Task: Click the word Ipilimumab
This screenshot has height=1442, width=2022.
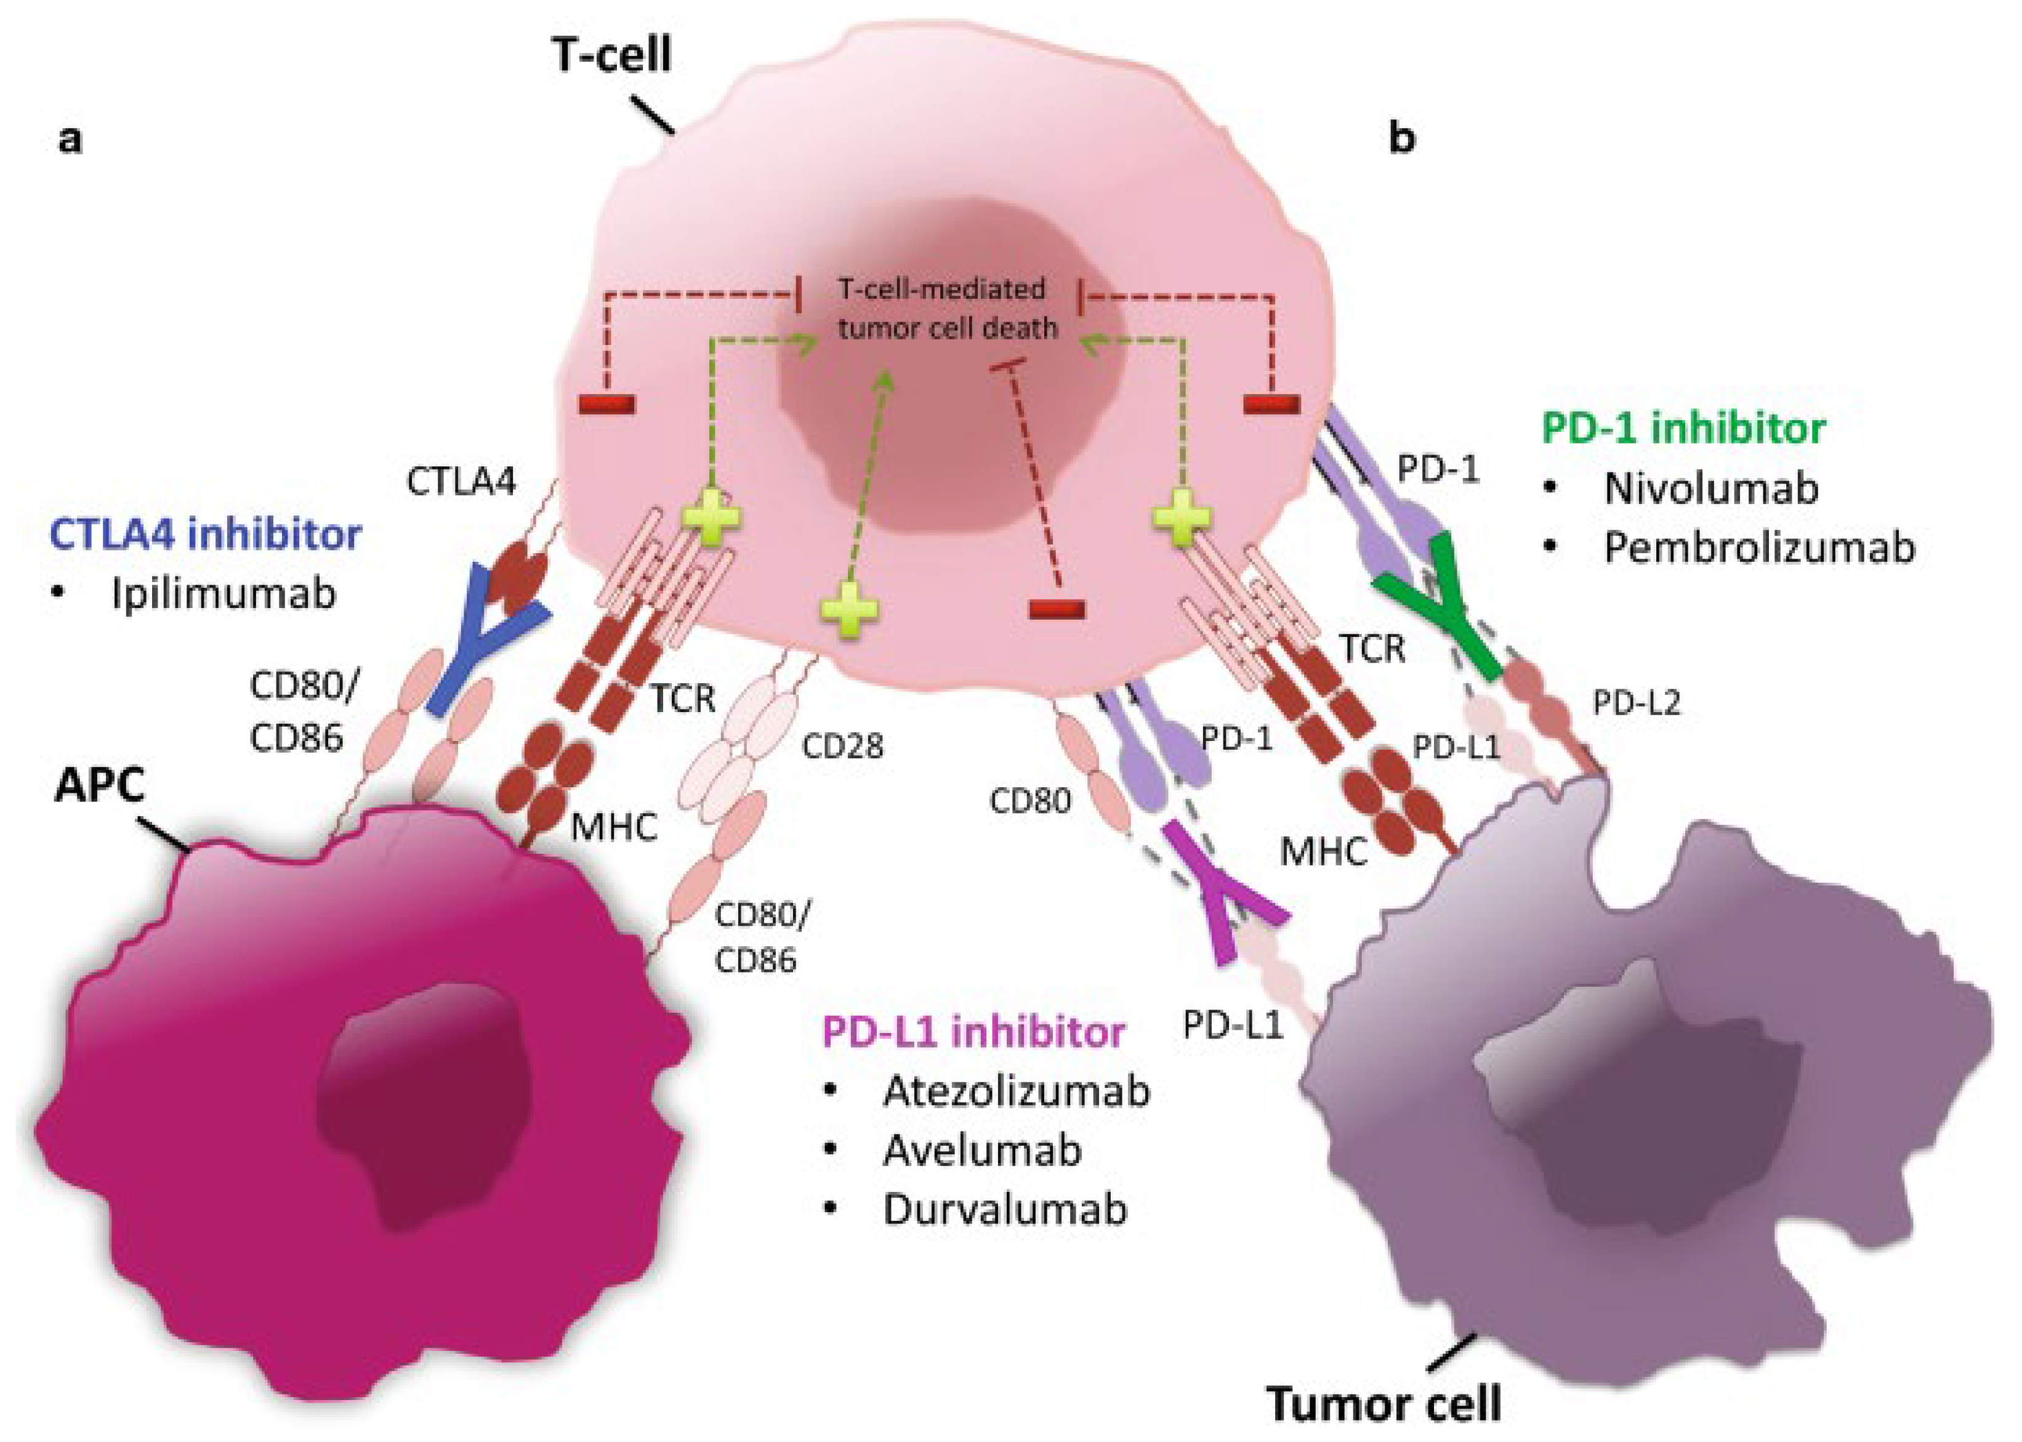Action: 224,594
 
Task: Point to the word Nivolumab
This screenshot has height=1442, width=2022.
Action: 1710,488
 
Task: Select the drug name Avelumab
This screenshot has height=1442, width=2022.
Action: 981,1151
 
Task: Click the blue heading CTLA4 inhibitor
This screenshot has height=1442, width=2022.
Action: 205,535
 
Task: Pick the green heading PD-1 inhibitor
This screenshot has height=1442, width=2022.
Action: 1683,428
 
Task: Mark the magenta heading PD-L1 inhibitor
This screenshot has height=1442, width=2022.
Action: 973,1032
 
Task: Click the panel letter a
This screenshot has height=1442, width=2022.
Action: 70,139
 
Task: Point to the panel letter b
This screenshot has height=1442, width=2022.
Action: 1401,137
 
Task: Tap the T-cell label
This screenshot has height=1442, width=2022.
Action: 611,55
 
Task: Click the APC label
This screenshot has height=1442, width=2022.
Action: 99,785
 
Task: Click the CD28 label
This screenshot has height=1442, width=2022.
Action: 842,747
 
